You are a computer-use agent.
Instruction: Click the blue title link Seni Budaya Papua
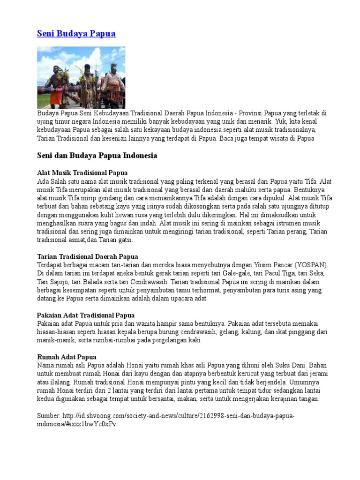click(76, 34)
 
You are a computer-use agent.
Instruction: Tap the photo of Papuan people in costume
click(81, 77)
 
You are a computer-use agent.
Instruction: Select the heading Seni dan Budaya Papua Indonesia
click(97, 155)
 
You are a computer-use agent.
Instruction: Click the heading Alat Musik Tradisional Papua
click(82, 173)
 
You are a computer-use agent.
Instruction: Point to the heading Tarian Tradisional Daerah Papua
click(87, 256)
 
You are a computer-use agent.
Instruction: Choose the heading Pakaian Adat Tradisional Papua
click(86, 315)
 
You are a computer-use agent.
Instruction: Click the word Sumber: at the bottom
click(49, 416)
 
